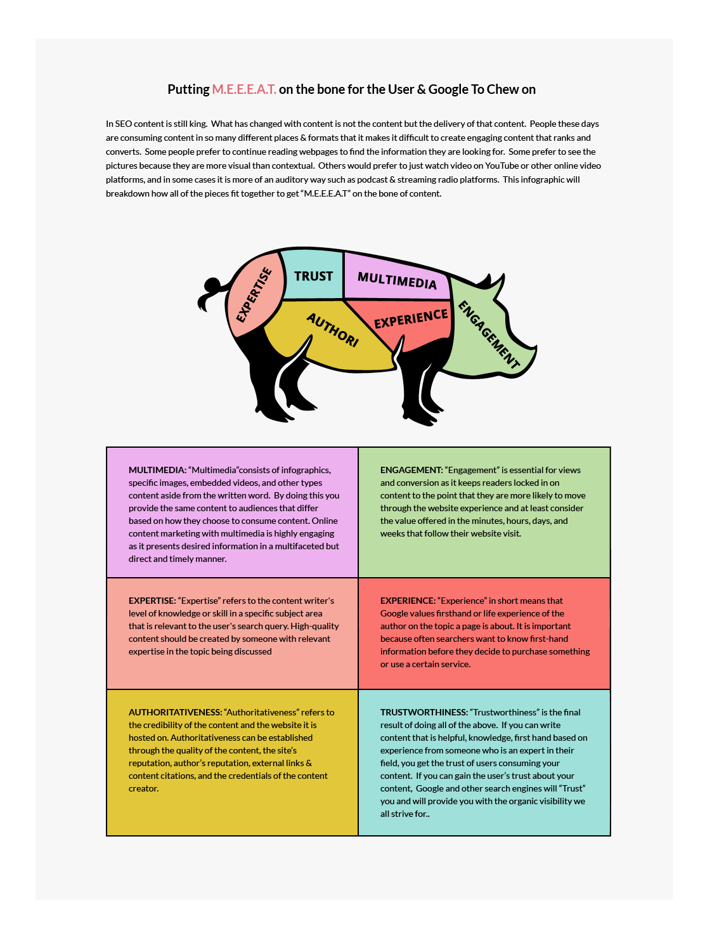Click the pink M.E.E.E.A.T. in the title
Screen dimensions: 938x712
coord(244,89)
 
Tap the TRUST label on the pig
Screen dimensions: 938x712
coord(313,277)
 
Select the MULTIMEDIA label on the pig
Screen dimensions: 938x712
coord(397,280)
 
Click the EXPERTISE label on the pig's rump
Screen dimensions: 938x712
coord(254,295)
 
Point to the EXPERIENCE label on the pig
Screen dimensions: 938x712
coord(411,319)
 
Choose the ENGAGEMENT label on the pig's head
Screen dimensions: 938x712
coord(489,334)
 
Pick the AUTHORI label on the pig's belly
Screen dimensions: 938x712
coord(333,330)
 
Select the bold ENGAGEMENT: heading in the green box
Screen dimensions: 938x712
coord(411,470)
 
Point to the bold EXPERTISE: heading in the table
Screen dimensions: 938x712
coord(152,601)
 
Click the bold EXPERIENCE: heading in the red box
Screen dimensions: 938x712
coord(408,601)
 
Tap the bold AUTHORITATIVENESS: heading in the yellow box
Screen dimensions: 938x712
coord(175,712)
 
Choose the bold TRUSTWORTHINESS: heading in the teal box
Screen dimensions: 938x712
coord(424,712)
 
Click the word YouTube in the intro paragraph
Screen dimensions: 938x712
coord(502,166)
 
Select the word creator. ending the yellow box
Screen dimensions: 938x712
coord(143,788)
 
